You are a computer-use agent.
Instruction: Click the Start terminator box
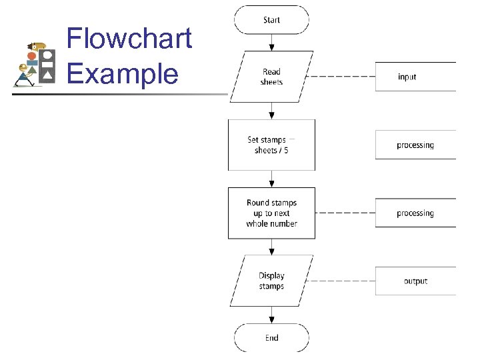[x=271, y=20]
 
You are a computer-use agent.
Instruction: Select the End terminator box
[x=271, y=338]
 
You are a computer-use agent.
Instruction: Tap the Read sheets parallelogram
[x=271, y=77]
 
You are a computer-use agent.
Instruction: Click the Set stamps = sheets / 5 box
[x=271, y=145]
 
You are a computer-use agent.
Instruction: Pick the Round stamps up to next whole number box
[x=271, y=213]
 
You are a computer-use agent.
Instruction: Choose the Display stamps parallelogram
[x=271, y=281]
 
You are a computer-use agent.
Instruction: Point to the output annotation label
[x=415, y=281]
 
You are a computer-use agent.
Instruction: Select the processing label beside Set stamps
[x=415, y=145]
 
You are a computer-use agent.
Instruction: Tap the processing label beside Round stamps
[x=415, y=213]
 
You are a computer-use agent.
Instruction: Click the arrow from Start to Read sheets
[x=271, y=43]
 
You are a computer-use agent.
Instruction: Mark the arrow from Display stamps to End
[x=271, y=315]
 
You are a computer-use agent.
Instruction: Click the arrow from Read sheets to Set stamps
[x=271, y=111]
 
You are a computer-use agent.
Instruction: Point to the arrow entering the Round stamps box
[x=271, y=179]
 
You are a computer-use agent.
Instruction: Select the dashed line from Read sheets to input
[x=343, y=77]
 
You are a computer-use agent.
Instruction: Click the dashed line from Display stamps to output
[x=343, y=281]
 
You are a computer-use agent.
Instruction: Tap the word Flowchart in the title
[x=129, y=39]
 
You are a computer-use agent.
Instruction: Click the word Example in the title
[x=123, y=73]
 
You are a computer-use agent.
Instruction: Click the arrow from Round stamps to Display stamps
[x=271, y=247]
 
